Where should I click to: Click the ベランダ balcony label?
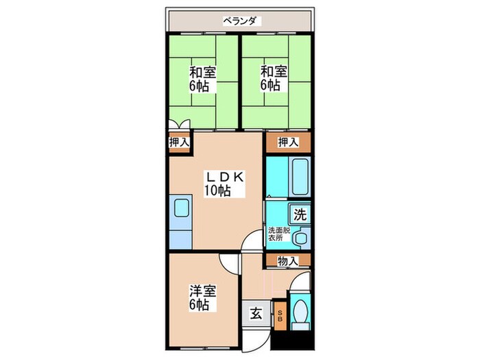[x=239, y=21]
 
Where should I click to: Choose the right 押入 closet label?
[x=288, y=142]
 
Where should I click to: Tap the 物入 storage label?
[x=288, y=261]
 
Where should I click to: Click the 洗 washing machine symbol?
[x=300, y=213]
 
